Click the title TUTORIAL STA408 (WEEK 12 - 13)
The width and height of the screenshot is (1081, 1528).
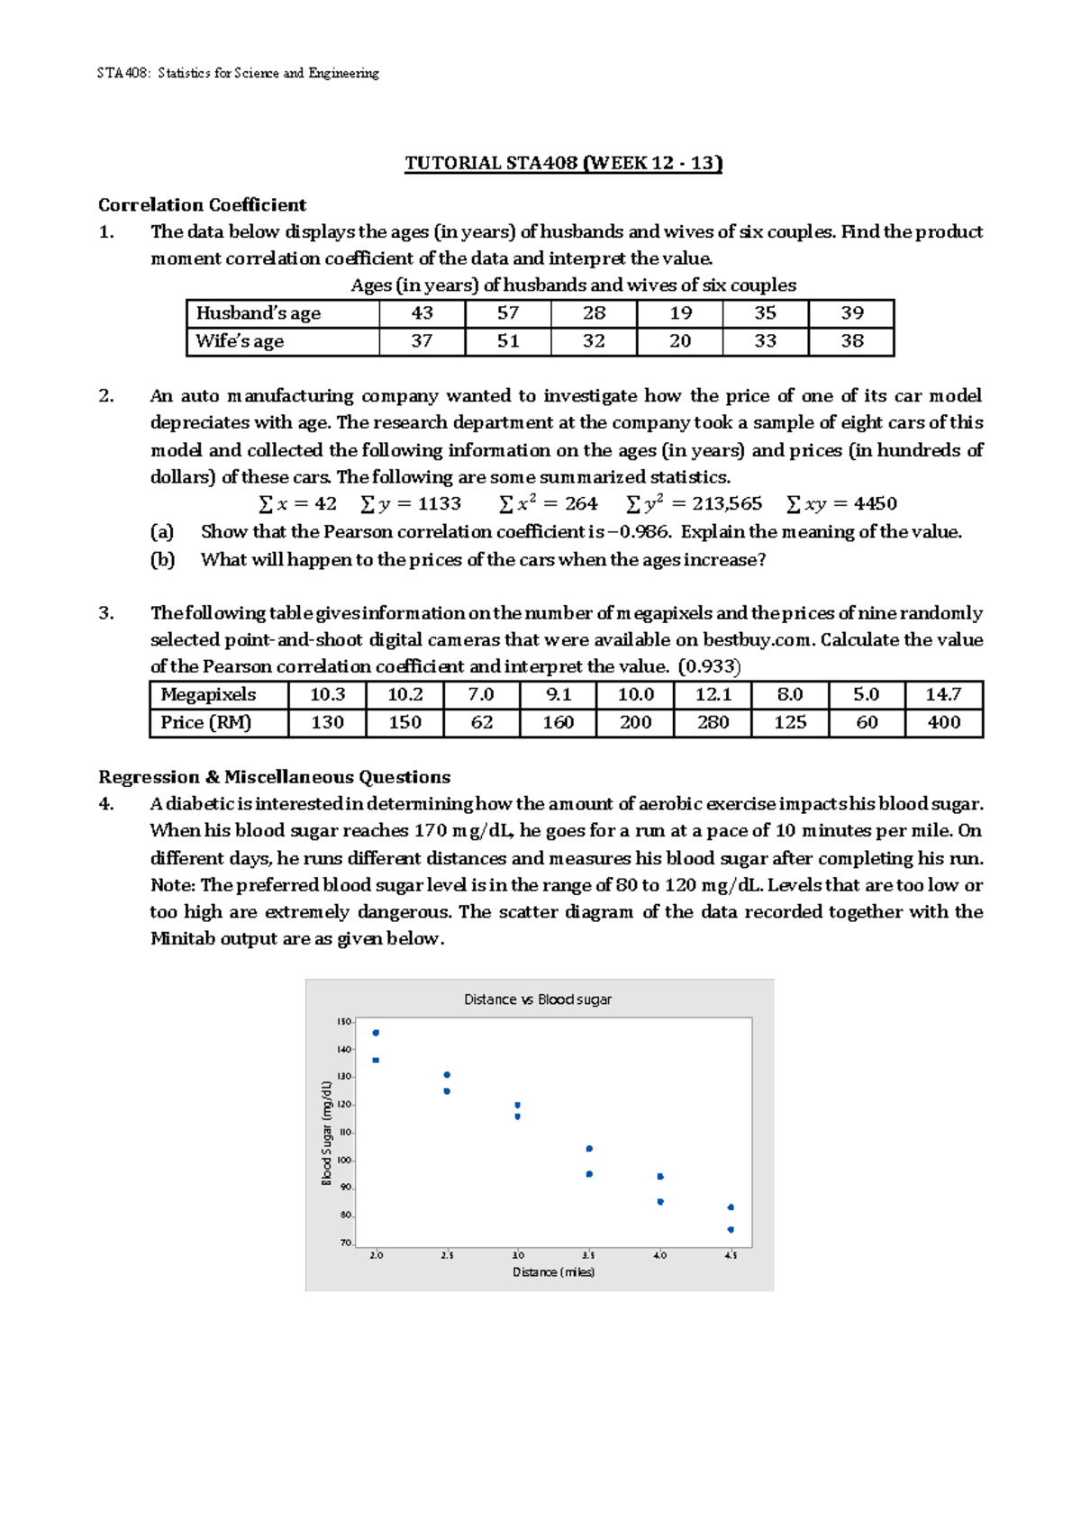coord(563,163)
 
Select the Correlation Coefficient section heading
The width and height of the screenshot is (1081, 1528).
coord(202,204)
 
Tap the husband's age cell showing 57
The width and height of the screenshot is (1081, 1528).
coord(508,313)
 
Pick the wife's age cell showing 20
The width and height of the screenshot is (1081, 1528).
coord(680,341)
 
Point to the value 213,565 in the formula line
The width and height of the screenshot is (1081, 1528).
coord(726,504)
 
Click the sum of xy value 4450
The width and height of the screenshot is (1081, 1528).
coord(875,504)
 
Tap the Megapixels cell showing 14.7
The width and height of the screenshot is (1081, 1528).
coord(943,695)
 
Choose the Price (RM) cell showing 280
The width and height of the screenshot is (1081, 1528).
coord(713,722)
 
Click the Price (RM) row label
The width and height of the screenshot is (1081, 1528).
coord(205,722)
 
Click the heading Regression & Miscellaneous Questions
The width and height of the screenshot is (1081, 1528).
coord(274,777)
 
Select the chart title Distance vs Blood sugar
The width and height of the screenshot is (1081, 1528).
coord(537,999)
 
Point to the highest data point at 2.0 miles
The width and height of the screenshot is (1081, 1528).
coord(376,1033)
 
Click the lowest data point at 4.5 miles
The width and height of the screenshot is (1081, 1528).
coord(731,1230)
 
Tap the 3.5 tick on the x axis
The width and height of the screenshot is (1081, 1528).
coord(588,1255)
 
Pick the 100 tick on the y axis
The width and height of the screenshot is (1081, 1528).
coord(344,1160)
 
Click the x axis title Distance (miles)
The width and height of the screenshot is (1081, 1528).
coord(553,1272)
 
